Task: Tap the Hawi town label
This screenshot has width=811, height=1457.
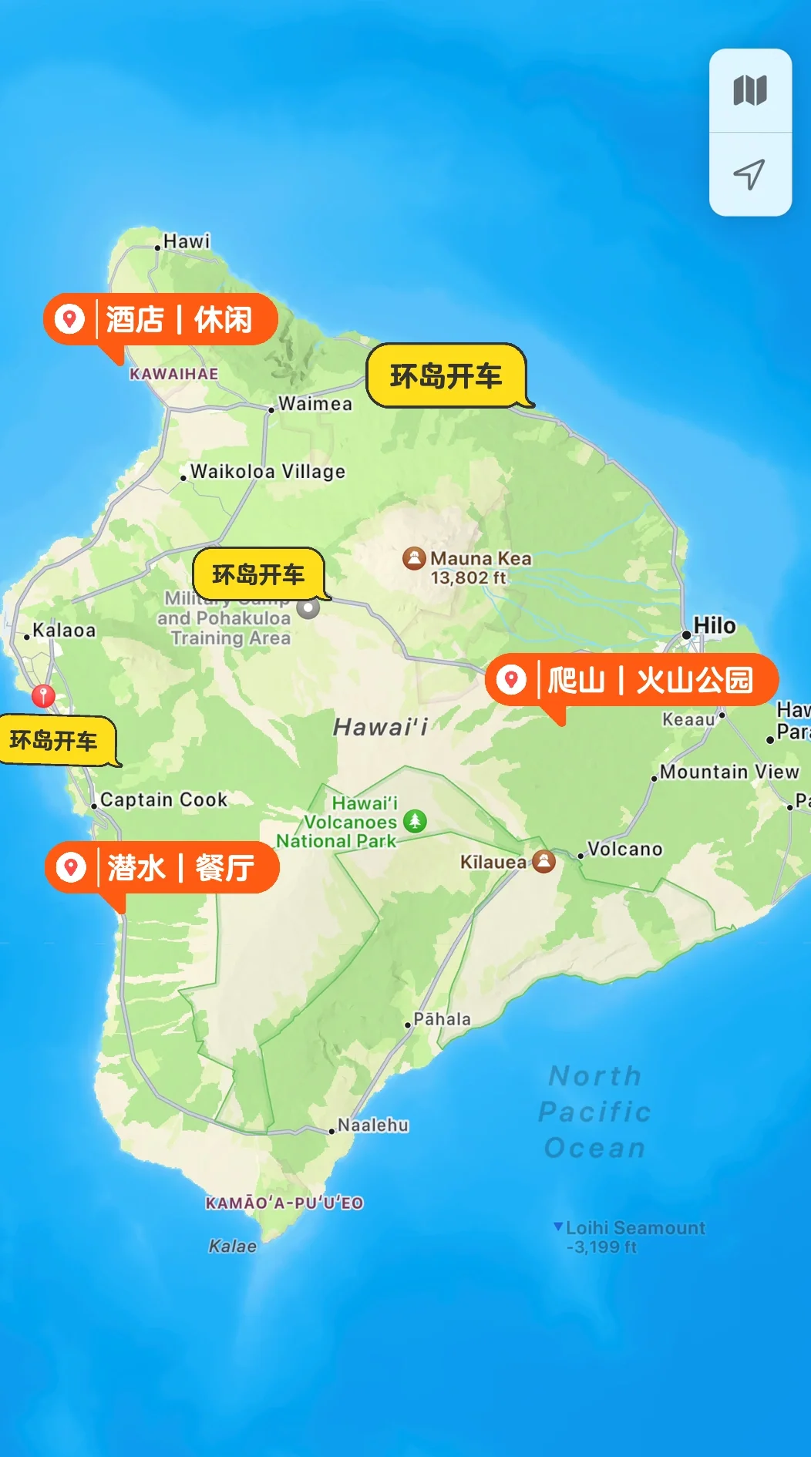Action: [186, 241]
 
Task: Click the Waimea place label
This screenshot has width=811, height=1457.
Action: [315, 403]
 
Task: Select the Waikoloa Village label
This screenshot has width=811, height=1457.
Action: [267, 471]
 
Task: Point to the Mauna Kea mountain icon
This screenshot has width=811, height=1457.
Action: [414, 558]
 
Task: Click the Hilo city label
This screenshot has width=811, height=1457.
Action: [714, 626]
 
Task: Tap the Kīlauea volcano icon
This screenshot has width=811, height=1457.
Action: [543, 861]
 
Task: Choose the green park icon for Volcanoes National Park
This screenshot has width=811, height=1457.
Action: [415, 821]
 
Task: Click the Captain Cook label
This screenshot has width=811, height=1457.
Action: [163, 800]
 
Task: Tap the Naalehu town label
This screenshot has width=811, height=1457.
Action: [372, 1126]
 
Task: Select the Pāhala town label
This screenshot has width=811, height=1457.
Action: [441, 1019]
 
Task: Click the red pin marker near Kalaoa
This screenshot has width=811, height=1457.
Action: [43, 695]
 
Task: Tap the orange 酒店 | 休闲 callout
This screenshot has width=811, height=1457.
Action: [160, 319]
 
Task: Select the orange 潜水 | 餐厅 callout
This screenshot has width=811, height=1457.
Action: [162, 868]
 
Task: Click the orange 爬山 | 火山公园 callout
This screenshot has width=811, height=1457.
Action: [632, 680]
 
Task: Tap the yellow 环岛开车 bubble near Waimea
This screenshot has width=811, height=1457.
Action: [446, 376]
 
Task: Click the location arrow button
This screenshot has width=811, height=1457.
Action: [749, 175]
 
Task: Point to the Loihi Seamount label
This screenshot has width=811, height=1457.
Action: [634, 1228]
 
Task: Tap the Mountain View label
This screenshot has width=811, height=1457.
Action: [729, 772]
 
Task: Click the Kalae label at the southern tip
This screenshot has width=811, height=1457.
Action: [232, 1247]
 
